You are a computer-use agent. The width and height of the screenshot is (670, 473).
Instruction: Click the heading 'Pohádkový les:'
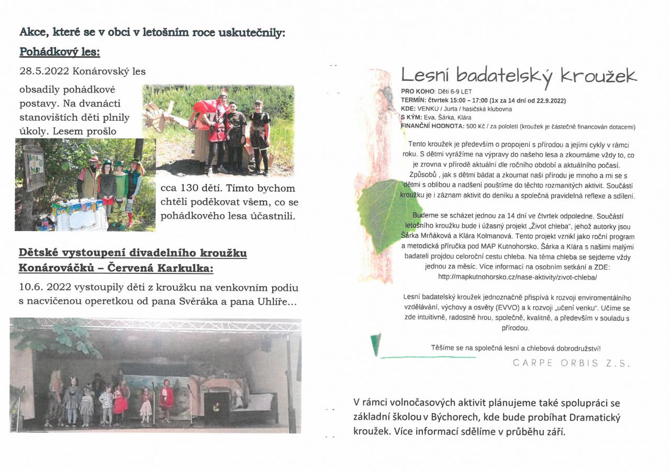click(x=60, y=52)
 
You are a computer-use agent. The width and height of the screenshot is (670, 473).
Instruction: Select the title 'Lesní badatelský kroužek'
click(x=519, y=76)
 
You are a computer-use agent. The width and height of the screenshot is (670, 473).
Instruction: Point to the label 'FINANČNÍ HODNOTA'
click(x=432, y=126)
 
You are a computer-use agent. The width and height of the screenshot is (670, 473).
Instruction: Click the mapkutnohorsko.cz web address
click(x=517, y=277)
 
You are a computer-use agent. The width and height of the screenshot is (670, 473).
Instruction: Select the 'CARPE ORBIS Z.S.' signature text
click(x=572, y=363)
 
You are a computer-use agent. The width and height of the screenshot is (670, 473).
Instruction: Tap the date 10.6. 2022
click(x=45, y=288)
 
